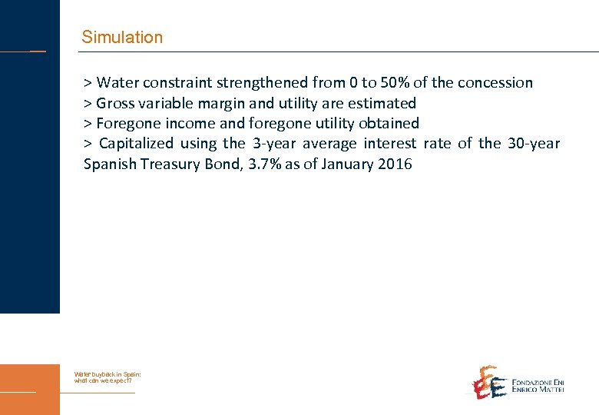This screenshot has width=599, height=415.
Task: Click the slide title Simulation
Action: point(122,37)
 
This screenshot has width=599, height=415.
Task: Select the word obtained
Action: point(389,123)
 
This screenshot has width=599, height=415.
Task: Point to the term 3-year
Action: point(274,143)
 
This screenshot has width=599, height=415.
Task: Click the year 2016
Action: point(395,164)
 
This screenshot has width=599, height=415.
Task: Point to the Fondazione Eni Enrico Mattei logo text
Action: point(538,386)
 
